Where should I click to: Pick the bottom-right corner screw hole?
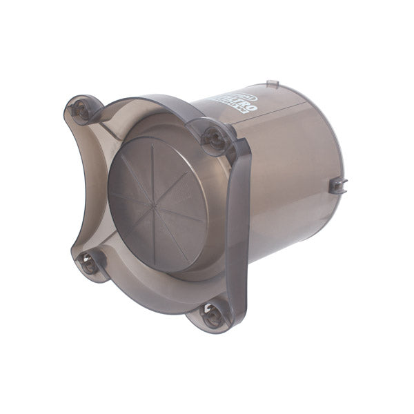click(x=211, y=315)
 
